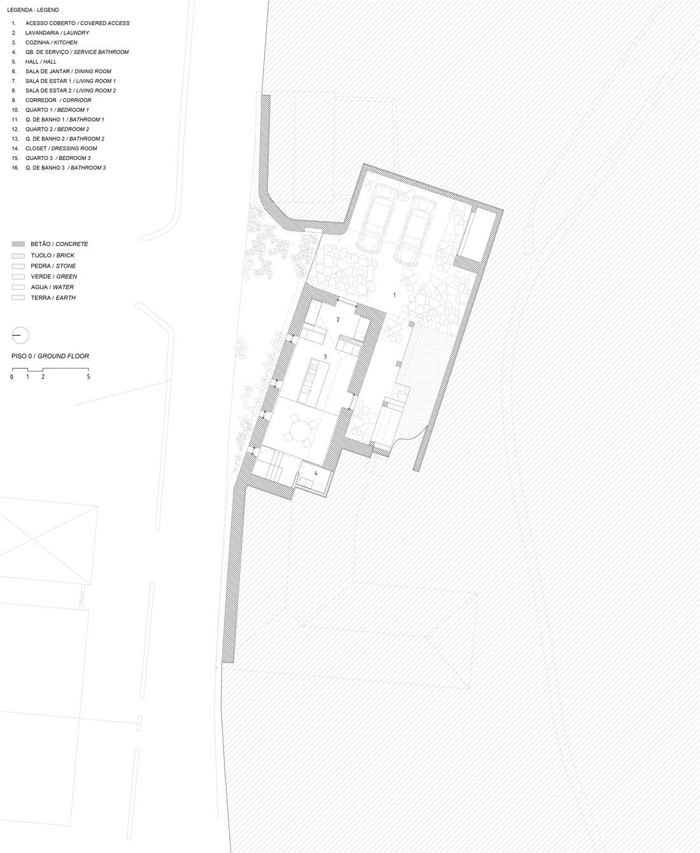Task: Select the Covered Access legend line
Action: tap(71, 23)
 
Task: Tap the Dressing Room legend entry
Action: tap(55, 148)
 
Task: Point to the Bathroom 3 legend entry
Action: tap(59, 168)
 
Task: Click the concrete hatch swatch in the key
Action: tap(18, 244)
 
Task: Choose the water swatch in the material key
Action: tap(18, 287)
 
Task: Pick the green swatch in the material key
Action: tap(18, 276)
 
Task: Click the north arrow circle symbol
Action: tap(20, 335)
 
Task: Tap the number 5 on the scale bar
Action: tap(88, 377)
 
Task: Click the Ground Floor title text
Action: tap(50, 356)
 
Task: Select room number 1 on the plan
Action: tap(395, 295)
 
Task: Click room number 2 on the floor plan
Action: tap(339, 320)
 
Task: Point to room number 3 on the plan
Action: tap(325, 356)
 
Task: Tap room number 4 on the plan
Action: tap(316, 473)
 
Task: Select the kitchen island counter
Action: tap(314, 382)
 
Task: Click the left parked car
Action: tap(377, 219)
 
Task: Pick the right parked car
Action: tap(415, 231)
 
